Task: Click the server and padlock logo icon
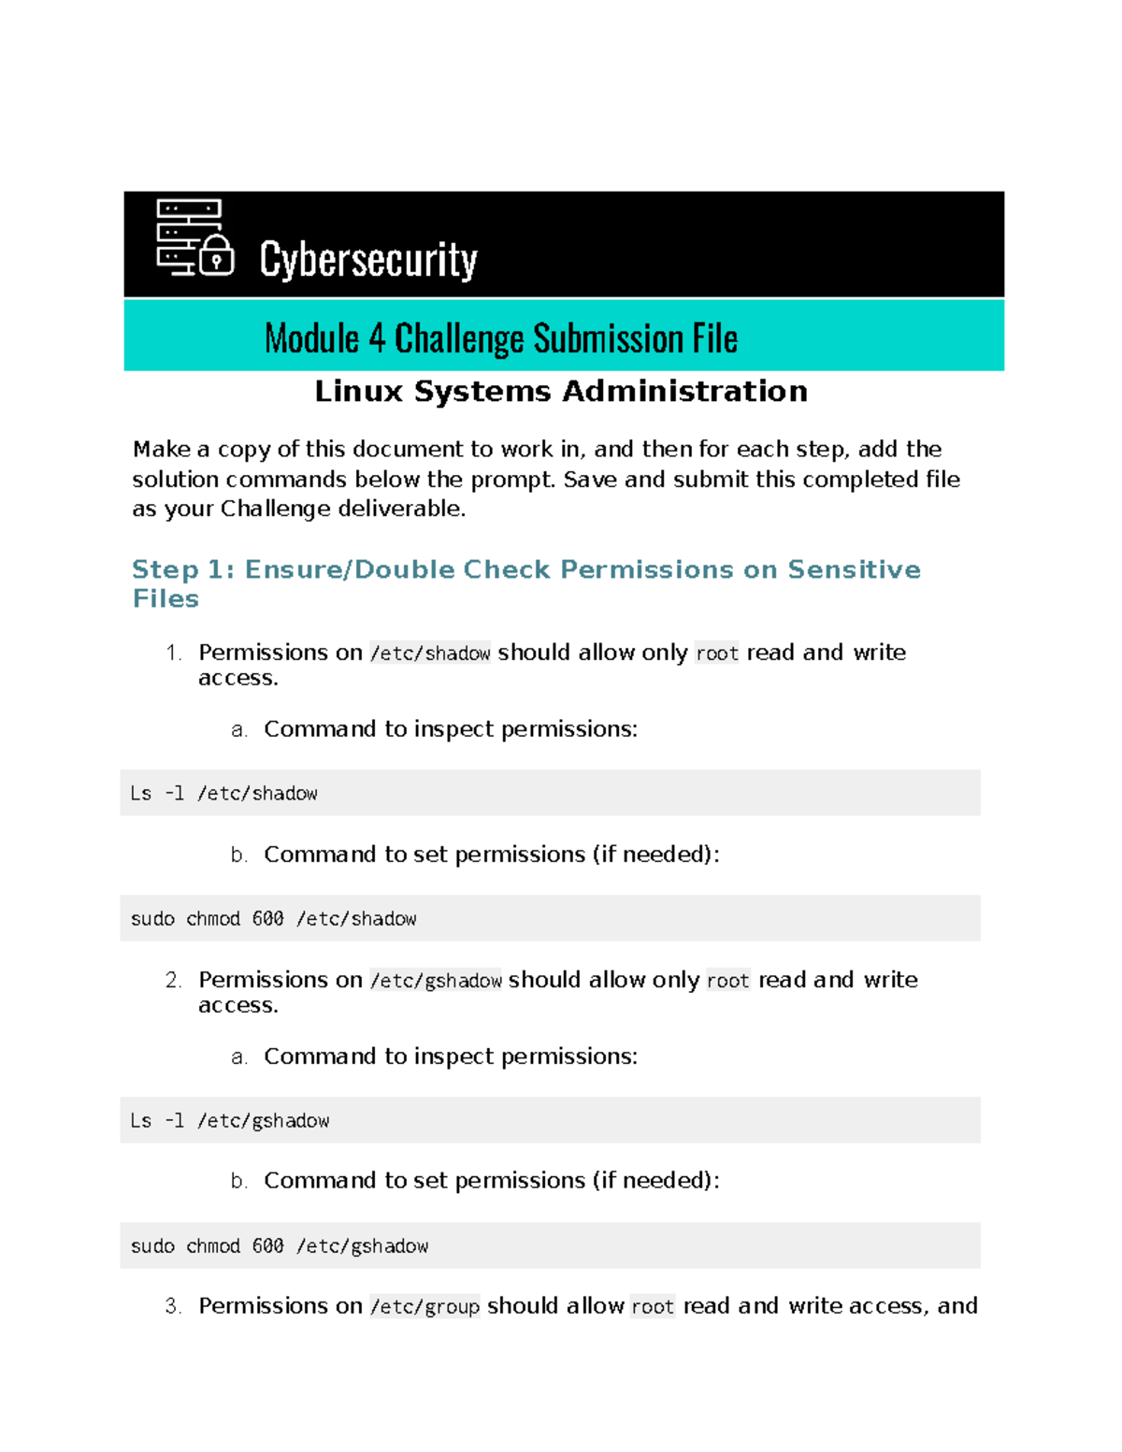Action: tap(194, 238)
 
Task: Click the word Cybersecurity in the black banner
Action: tap(368, 259)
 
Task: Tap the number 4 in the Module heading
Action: tap(377, 338)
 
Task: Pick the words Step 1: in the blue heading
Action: tap(183, 569)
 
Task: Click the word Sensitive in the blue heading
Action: tap(854, 569)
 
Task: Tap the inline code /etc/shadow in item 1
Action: tap(430, 653)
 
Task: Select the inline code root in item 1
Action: tap(717, 653)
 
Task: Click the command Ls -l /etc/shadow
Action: tap(224, 794)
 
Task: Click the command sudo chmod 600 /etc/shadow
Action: tap(274, 919)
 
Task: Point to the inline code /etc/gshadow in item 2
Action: tap(436, 980)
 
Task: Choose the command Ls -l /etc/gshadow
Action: tap(230, 1121)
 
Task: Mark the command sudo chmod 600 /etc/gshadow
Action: tap(280, 1246)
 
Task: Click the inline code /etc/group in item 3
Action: tap(424, 1306)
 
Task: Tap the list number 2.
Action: tap(173, 980)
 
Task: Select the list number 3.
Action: tap(173, 1306)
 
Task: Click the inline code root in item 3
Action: tap(653, 1306)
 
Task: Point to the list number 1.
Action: tap(173, 653)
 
